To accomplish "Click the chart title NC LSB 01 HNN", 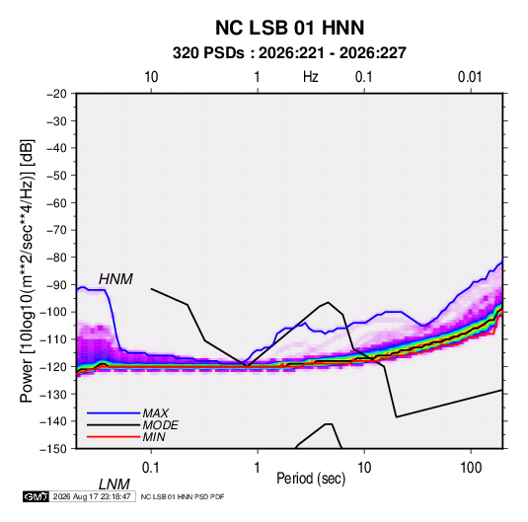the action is point(289,28).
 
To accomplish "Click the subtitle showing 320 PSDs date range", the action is point(289,53).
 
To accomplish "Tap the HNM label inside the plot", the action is point(115,279).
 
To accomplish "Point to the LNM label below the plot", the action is point(114,485).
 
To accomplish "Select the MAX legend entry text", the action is point(155,413).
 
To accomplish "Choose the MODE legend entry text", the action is point(160,425).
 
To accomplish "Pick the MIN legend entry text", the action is point(154,437).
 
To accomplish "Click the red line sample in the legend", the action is point(113,437).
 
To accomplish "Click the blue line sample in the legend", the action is point(113,413).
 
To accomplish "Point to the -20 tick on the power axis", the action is point(56,94).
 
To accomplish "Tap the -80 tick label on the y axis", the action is point(56,258).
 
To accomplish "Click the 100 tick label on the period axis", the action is point(471,468).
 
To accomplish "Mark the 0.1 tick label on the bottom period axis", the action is point(151,468).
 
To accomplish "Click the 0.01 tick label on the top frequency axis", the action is point(470,77).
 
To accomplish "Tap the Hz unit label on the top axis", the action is point(311,77).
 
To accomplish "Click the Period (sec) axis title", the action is point(311,479).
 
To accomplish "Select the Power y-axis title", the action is point(27,271).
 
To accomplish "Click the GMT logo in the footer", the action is point(37,496).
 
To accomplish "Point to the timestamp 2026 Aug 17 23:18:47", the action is point(92,496).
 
